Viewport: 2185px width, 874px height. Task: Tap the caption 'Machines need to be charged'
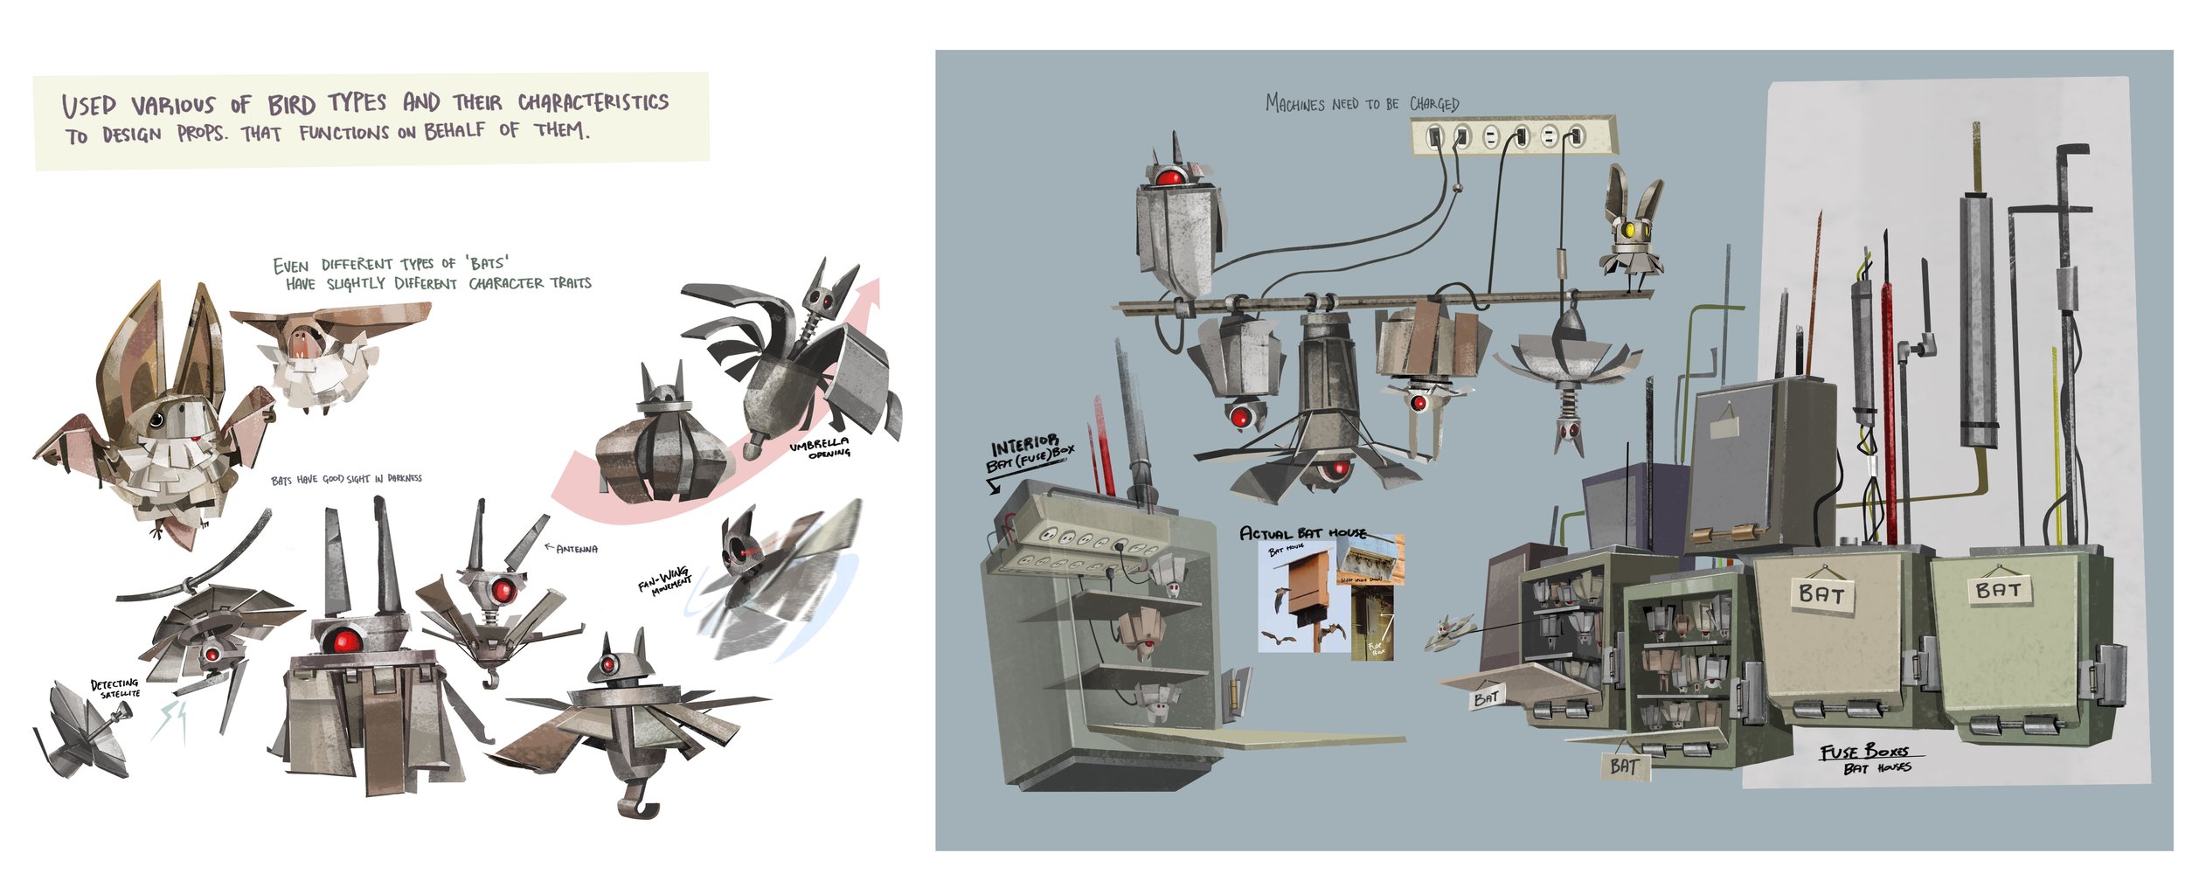1362,104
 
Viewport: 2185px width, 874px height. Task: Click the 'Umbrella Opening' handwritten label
819,448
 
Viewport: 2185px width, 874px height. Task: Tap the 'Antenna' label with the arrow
572,549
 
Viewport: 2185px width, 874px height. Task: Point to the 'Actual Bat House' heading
1302,532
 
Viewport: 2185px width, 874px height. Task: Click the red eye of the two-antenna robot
341,642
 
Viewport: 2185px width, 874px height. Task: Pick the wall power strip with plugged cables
1512,136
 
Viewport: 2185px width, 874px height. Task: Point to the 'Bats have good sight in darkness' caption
346,480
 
